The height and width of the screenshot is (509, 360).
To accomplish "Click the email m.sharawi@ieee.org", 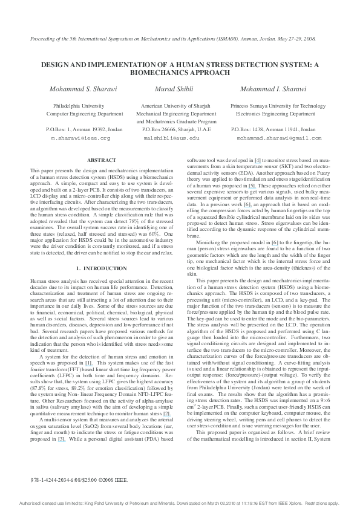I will pyautogui.click(x=80, y=138).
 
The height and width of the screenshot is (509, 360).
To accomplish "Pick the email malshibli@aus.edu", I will pyautogui.click(x=171, y=138).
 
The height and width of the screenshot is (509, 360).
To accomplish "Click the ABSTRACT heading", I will pyautogui.click(x=102, y=160).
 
